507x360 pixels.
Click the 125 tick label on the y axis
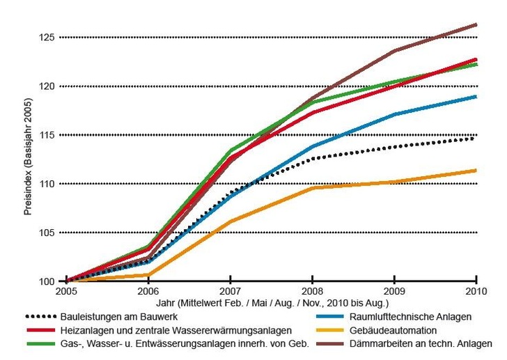pyautogui.click(x=47, y=37)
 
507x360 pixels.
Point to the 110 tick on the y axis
pyautogui.click(x=47, y=184)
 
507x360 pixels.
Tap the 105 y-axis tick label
pyautogui.click(x=47, y=233)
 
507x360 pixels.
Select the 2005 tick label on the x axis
pyautogui.click(x=66, y=290)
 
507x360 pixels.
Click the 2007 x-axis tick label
pyautogui.click(x=230, y=290)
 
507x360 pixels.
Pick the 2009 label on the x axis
pyautogui.click(x=394, y=290)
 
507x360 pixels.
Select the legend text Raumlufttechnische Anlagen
pyautogui.click(x=402, y=316)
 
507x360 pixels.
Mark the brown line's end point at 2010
pyautogui.click(x=476, y=24)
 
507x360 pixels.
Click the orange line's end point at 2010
pyautogui.click(x=476, y=171)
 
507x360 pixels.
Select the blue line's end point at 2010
pyautogui.click(x=476, y=96)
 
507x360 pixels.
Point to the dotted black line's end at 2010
pyautogui.click(x=476, y=138)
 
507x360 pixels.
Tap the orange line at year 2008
pyautogui.click(x=312, y=188)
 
